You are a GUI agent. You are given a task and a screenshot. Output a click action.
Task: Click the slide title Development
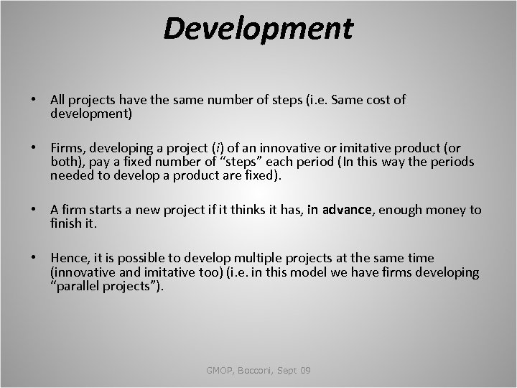pyautogui.click(x=258, y=29)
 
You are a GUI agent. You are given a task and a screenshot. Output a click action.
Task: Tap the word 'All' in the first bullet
pyautogui.click(x=58, y=100)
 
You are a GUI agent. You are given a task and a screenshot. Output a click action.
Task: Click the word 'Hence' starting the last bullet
pyautogui.click(x=69, y=258)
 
